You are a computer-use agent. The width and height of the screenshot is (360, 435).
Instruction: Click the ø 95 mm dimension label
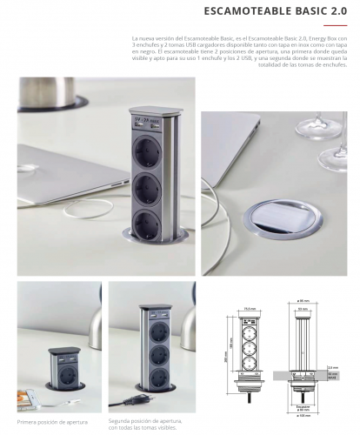coord(304,302)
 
